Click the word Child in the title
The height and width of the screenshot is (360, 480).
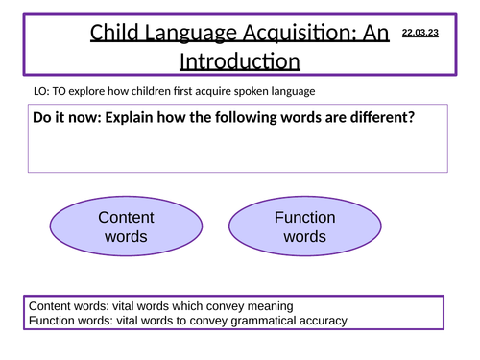coord(117,35)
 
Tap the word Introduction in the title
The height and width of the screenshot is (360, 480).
coord(239,62)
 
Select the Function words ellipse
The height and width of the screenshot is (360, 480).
coord(299,227)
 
